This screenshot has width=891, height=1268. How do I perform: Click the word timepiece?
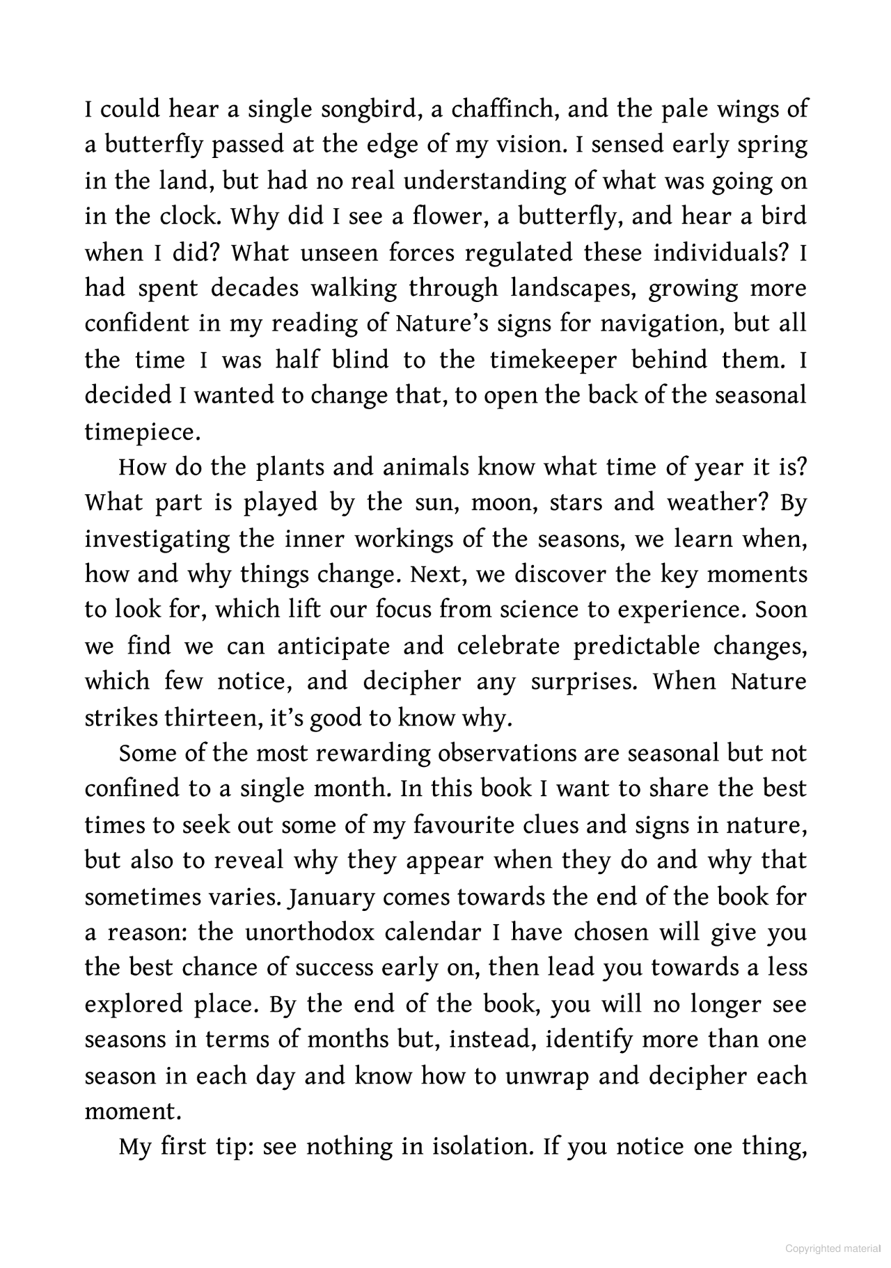tap(142, 432)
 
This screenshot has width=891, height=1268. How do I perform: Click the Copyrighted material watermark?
tap(833, 1249)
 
